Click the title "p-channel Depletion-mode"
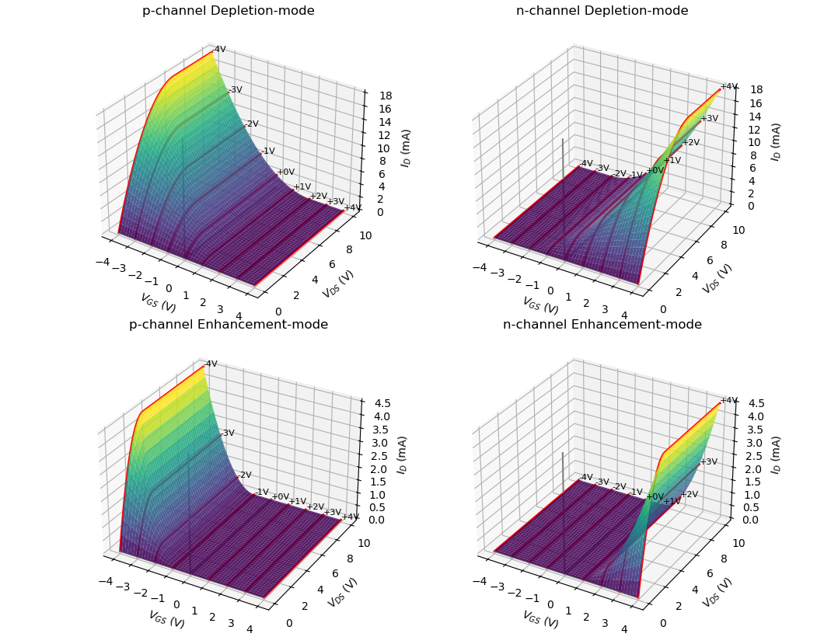[x=228, y=11]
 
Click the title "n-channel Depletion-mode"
[x=602, y=11]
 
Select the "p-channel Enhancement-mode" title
[x=228, y=325]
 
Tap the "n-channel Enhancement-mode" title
[x=602, y=325]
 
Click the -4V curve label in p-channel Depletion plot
[x=219, y=50]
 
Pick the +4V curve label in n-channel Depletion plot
[x=728, y=87]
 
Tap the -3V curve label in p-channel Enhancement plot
[x=227, y=433]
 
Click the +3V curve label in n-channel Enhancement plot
[x=709, y=462]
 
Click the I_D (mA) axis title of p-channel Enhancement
[x=401, y=454]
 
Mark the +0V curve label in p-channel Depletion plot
[x=286, y=172]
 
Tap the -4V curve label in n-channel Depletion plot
[x=586, y=164]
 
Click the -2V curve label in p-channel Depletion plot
[x=251, y=124]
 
